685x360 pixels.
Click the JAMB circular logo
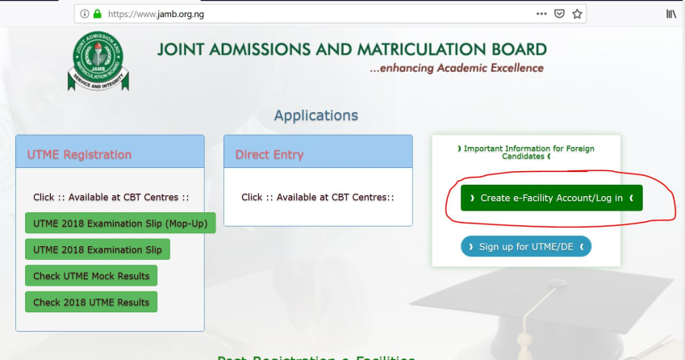pyautogui.click(x=98, y=59)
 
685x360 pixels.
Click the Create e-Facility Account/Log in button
pyautogui.click(x=551, y=198)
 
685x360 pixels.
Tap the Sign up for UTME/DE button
pyautogui.click(x=526, y=246)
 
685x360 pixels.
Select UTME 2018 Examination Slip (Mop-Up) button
pyautogui.click(x=120, y=223)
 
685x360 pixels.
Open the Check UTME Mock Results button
pyautogui.click(x=91, y=275)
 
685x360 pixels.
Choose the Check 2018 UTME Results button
pyautogui.click(x=91, y=302)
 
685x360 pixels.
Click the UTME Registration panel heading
pyautogui.click(x=79, y=154)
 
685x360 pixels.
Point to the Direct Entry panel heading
pyautogui.click(x=269, y=154)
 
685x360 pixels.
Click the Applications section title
pyautogui.click(x=315, y=115)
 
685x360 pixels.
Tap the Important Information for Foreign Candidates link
pyautogui.click(x=526, y=153)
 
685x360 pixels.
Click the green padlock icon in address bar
pyautogui.click(x=97, y=14)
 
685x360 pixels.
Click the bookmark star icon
pyautogui.click(x=577, y=14)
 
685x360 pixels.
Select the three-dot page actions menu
pyautogui.click(x=541, y=14)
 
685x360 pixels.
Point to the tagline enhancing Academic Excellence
pyautogui.click(x=456, y=69)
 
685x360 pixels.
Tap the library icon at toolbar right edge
pyautogui.click(x=670, y=14)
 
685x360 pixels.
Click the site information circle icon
pyautogui.click(x=83, y=14)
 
